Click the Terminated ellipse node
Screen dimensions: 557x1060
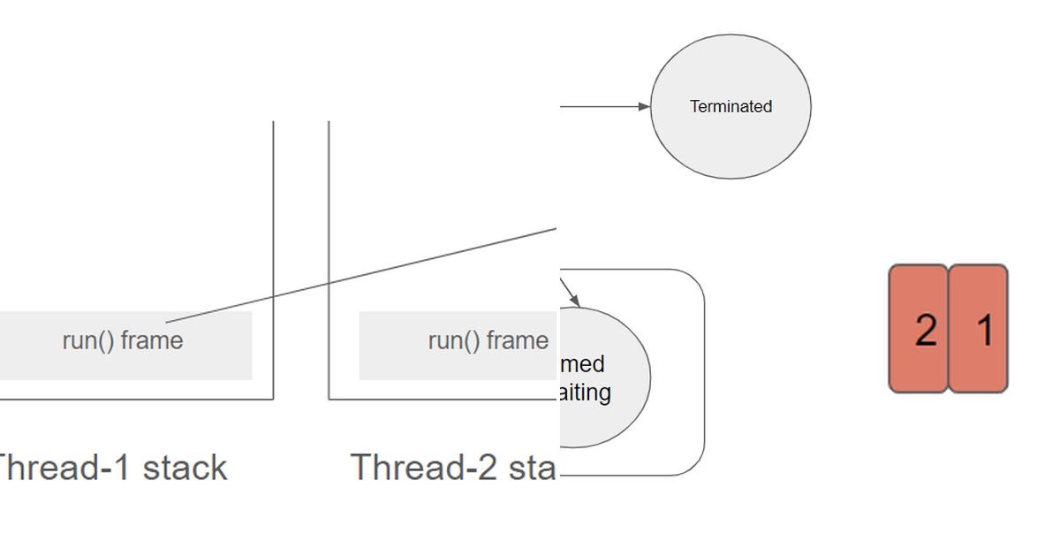(x=731, y=106)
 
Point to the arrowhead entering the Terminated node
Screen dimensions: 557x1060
(x=644, y=107)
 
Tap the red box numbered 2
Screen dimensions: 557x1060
(x=919, y=328)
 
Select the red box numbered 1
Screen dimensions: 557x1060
(x=979, y=328)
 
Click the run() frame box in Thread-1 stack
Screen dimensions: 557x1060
(x=124, y=345)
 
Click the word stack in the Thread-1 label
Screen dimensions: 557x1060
(x=185, y=468)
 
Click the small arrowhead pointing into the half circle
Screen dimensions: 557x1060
(x=574, y=301)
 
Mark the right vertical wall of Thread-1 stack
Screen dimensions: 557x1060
(x=273, y=221)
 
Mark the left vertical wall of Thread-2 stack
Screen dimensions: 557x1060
(x=329, y=221)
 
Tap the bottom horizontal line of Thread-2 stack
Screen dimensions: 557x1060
(x=442, y=399)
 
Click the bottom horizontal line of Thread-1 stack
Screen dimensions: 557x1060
(x=132, y=399)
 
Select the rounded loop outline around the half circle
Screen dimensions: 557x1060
(x=704, y=371)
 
